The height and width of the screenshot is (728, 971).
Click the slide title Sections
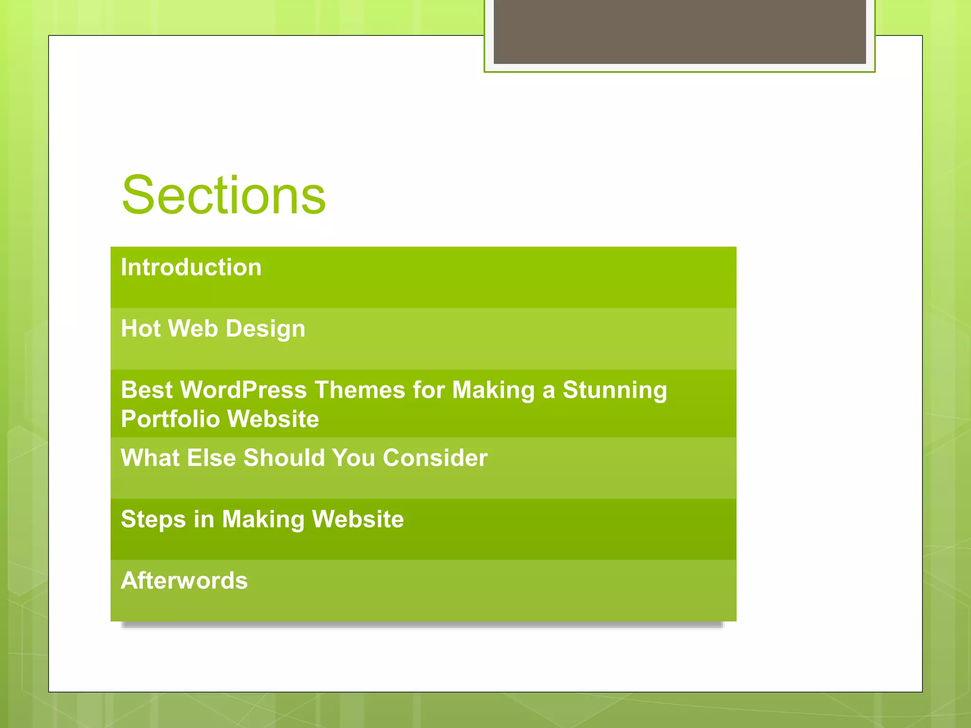[x=223, y=195]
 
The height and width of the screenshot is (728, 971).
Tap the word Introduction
[x=191, y=267]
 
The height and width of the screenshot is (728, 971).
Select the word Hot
[x=141, y=328]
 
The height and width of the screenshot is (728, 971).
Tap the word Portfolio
[x=170, y=419]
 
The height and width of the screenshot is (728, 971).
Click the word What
[x=150, y=458]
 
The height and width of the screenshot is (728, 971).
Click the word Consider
[x=435, y=458]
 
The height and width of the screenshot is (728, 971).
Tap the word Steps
[x=153, y=519]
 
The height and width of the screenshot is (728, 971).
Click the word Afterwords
[x=184, y=581]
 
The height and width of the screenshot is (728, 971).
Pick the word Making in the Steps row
[x=263, y=520]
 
